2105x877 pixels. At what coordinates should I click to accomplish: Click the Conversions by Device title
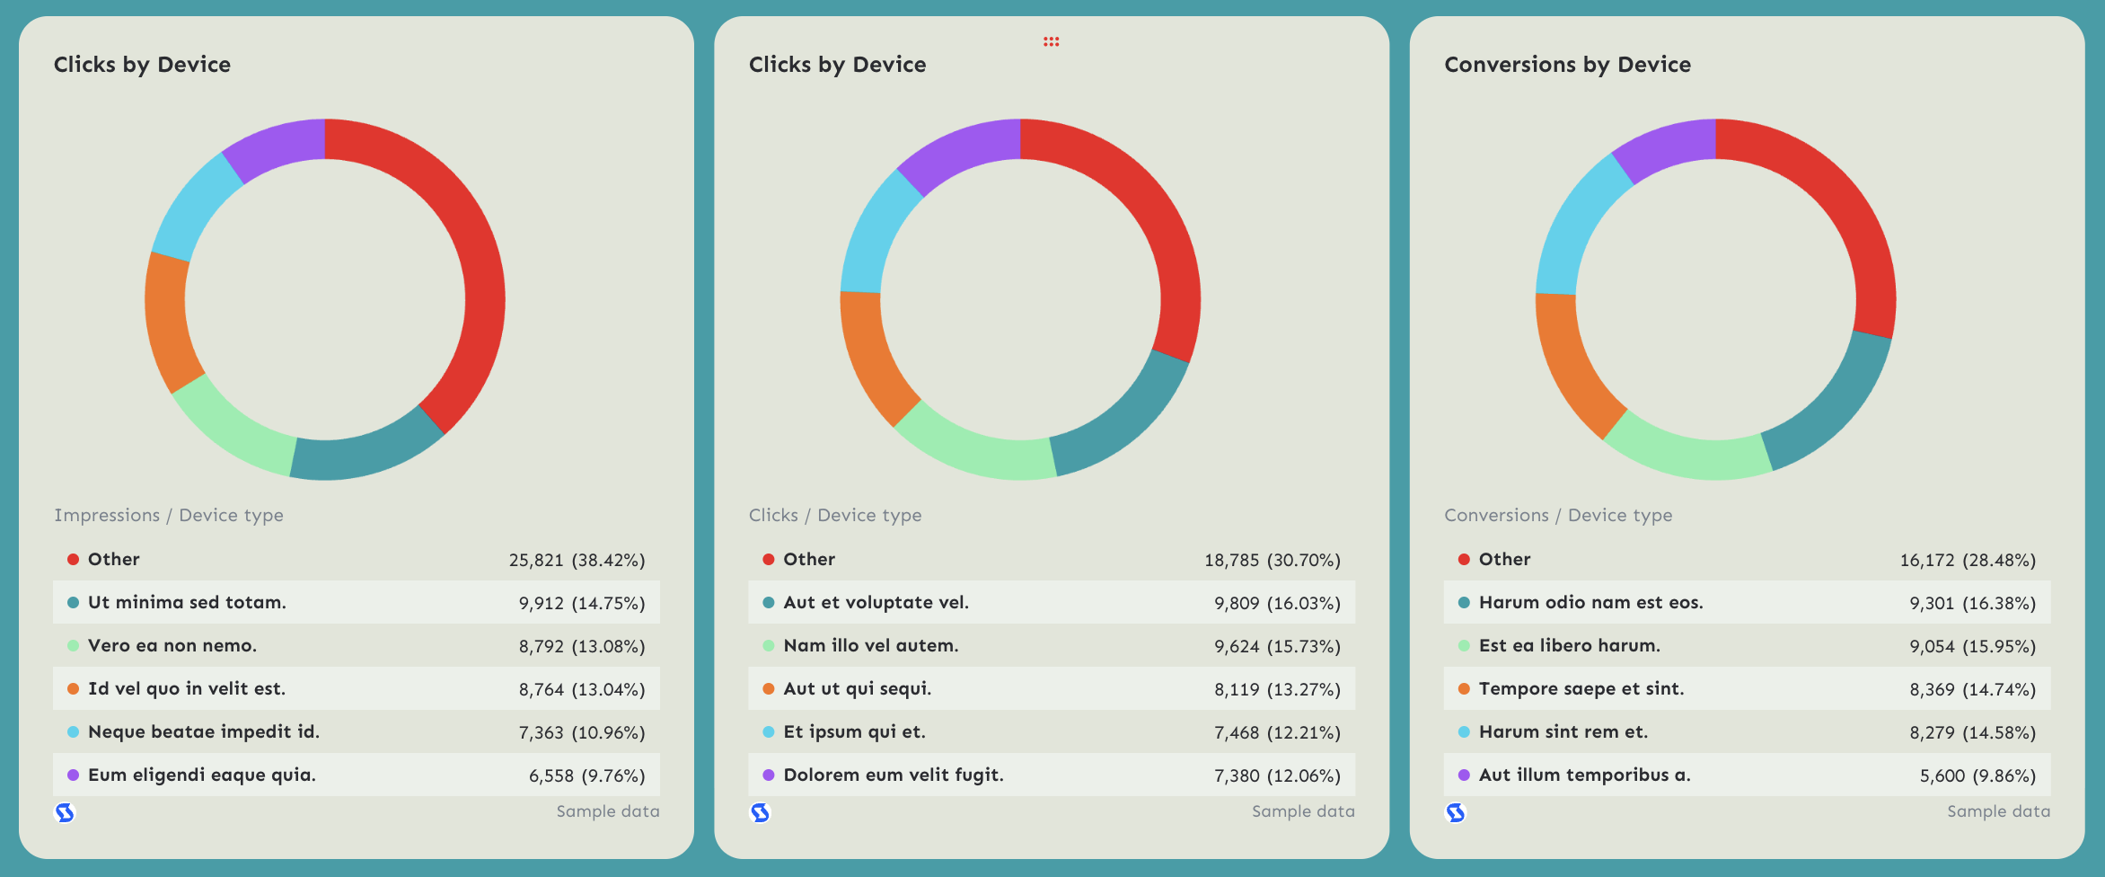click(x=1567, y=65)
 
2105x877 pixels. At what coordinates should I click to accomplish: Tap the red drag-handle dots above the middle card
click(x=1051, y=41)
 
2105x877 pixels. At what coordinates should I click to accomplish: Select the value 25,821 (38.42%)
click(x=577, y=560)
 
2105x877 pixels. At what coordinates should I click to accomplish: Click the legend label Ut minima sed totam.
click(x=187, y=602)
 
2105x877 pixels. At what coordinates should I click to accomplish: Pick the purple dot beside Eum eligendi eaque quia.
click(x=74, y=775)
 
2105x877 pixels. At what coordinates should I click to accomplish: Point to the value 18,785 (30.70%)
click(x=1272, y=560)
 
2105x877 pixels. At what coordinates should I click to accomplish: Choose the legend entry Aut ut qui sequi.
click(x=857, y=688)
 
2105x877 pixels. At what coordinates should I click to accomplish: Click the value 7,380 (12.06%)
click(x=1277, y=775)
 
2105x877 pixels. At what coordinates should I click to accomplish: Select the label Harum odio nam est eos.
click(x=1590, y=602)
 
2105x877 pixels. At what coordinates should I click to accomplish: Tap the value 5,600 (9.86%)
click(x=1977, y=775)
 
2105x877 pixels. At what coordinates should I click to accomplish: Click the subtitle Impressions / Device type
click(x=169, y=515)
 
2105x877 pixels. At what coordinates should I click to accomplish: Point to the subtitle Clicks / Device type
click(x=835, y=515)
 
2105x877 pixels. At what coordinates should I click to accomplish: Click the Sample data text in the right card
click(x=1998, y=811)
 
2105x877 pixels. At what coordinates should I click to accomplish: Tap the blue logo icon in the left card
click(x=65, y=813)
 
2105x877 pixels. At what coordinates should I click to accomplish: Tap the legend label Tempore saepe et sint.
click(x=1581, y=688)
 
